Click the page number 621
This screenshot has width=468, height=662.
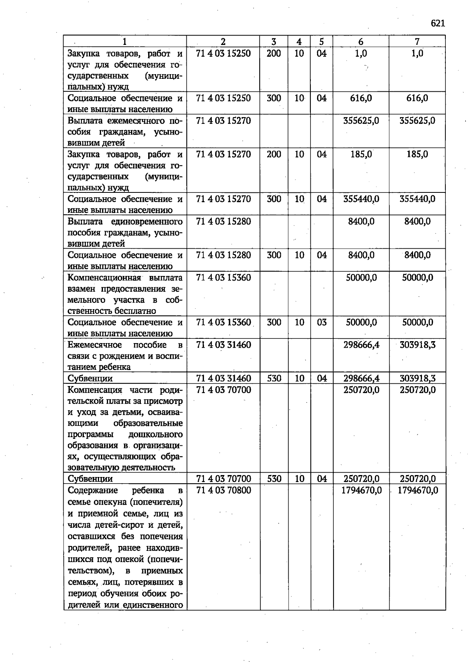point(438,23)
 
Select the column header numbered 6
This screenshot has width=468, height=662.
point(361,42)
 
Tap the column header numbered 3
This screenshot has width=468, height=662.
point(274,42)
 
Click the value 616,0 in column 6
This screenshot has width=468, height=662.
point(361,98)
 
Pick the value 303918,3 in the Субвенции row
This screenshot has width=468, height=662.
point(417,378)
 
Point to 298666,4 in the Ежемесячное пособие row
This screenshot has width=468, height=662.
point(361,345)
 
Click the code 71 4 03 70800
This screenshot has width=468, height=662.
point(223,490)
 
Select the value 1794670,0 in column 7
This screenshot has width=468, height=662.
point(417,490)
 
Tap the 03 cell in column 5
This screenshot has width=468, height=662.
point(321,322)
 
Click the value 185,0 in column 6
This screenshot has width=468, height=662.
point(361,154)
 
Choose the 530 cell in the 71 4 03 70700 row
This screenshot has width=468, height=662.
point(274,479)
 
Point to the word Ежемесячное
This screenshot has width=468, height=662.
point(95,345)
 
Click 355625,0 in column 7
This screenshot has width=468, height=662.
point(417,121)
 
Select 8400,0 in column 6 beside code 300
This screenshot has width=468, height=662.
point(361,255)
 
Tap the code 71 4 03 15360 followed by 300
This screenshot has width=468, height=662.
point(223,322)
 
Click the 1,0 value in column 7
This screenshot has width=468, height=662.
point(417,53)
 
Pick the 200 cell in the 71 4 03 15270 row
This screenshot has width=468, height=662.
point(274,154)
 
